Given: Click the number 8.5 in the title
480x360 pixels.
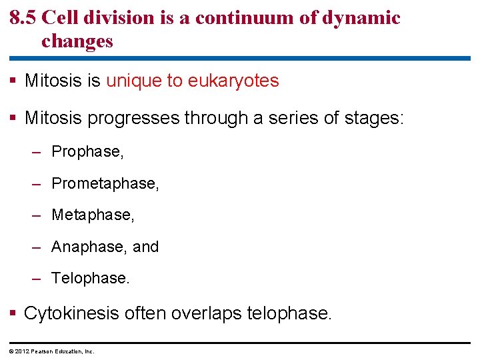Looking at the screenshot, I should (23, 17).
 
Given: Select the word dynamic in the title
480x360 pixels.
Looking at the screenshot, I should (363, 17).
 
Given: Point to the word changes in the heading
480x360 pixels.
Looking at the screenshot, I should (77, 41).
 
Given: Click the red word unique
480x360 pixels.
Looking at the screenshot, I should (134, 81).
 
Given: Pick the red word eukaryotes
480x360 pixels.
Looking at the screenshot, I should (233, 81).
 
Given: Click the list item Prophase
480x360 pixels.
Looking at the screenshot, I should (87, 152).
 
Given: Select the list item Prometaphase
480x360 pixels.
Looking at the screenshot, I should (105, 183).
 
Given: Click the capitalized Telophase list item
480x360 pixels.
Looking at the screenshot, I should (91, 278).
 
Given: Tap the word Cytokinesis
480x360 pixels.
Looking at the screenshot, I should (71, 313).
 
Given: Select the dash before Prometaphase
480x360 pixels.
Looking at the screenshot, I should (38, 183).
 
